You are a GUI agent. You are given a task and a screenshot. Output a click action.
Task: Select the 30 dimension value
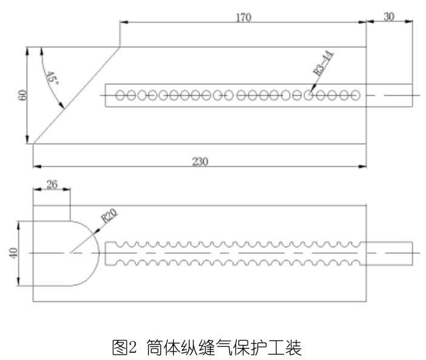point(388,16)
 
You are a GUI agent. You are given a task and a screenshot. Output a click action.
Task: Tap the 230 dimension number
point(200,161)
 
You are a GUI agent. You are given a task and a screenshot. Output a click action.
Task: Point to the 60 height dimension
point(22,95)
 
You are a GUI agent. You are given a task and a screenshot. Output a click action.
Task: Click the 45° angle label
point(52,79)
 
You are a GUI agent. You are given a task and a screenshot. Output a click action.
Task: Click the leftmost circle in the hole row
point(120,95)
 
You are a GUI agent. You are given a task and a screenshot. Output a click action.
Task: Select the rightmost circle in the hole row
point(356,95)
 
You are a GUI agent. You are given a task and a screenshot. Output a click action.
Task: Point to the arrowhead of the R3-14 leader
point(310,93)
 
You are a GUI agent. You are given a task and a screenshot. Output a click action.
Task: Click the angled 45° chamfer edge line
point(76,96)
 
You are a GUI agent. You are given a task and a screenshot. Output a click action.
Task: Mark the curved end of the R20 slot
point(97,252)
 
